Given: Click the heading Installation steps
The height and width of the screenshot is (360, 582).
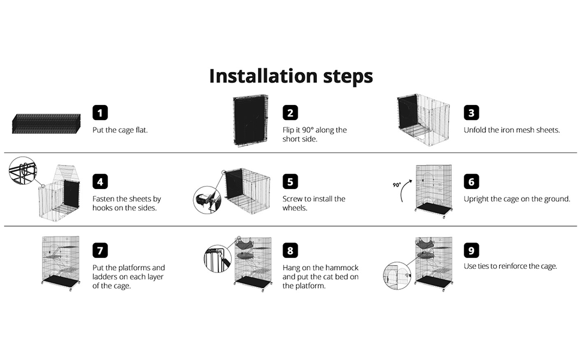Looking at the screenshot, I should [x=291, y=76].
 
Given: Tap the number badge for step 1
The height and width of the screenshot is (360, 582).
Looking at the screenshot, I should [x=100, y=112].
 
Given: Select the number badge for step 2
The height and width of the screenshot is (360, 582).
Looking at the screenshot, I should [x=290, y=112].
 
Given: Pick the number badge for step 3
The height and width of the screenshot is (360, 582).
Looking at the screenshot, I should [x=472, y=112].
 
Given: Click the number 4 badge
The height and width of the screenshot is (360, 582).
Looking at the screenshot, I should [x=100, y=181].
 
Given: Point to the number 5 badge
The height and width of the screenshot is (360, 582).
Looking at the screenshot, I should [x=290, y=181].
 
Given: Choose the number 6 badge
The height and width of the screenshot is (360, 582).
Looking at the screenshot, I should [x=472, y=181].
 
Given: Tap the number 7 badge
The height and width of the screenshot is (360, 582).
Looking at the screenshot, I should [x=100, y=250].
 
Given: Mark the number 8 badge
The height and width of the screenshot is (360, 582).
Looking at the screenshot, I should [x=290, y=250].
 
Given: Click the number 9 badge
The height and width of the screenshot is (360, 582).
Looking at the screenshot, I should [x=472, y=250].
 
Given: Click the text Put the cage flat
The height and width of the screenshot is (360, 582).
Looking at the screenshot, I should [x=120, y=130].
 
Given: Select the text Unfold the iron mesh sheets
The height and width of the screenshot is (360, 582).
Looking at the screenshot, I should [x=512, y=130].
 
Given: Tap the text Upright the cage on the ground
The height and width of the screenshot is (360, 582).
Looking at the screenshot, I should [x=517, y=199].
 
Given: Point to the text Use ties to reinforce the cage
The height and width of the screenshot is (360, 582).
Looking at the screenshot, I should [x=510, y=266].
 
